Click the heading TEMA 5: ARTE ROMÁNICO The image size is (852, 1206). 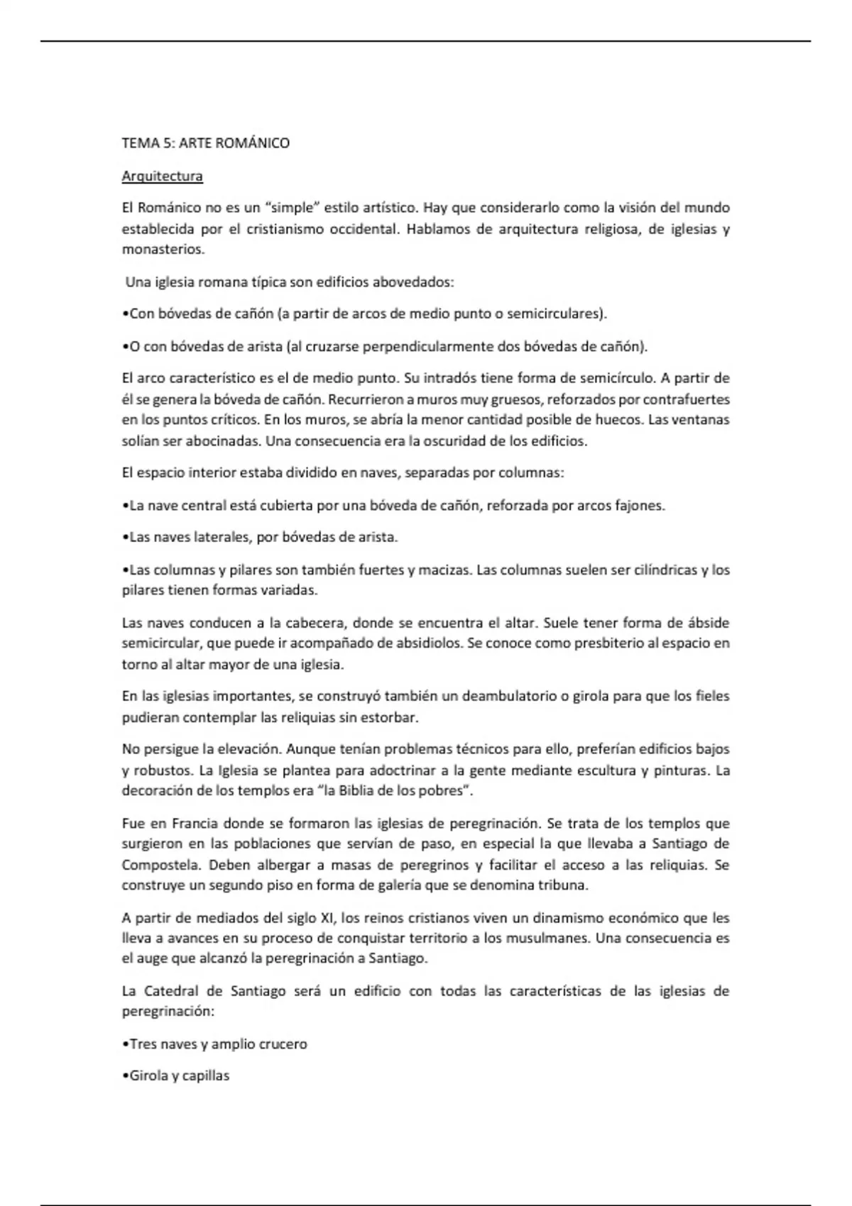click(x=205, y=143)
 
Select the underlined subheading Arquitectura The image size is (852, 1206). click(x=162, y=176)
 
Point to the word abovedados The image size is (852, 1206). click(x=413, y=282)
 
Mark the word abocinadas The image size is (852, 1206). click(x=222, y=441)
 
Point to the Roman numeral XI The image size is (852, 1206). click(x=327, y=918)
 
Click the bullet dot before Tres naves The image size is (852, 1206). click(x=125, y=1044)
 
